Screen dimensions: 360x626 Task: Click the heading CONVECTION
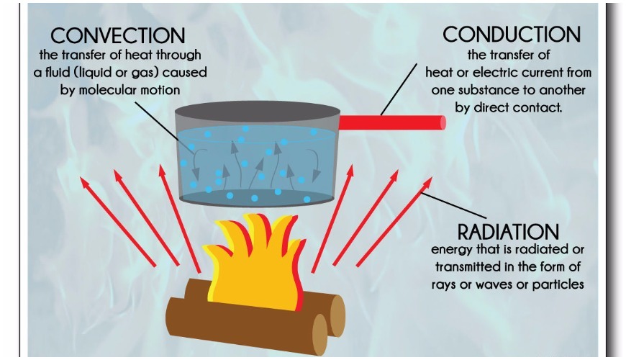(118, 35)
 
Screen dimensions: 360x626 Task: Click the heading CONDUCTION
(511, 35)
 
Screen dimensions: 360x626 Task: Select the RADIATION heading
(508, 232)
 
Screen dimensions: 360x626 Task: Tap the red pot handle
(392, 122)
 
